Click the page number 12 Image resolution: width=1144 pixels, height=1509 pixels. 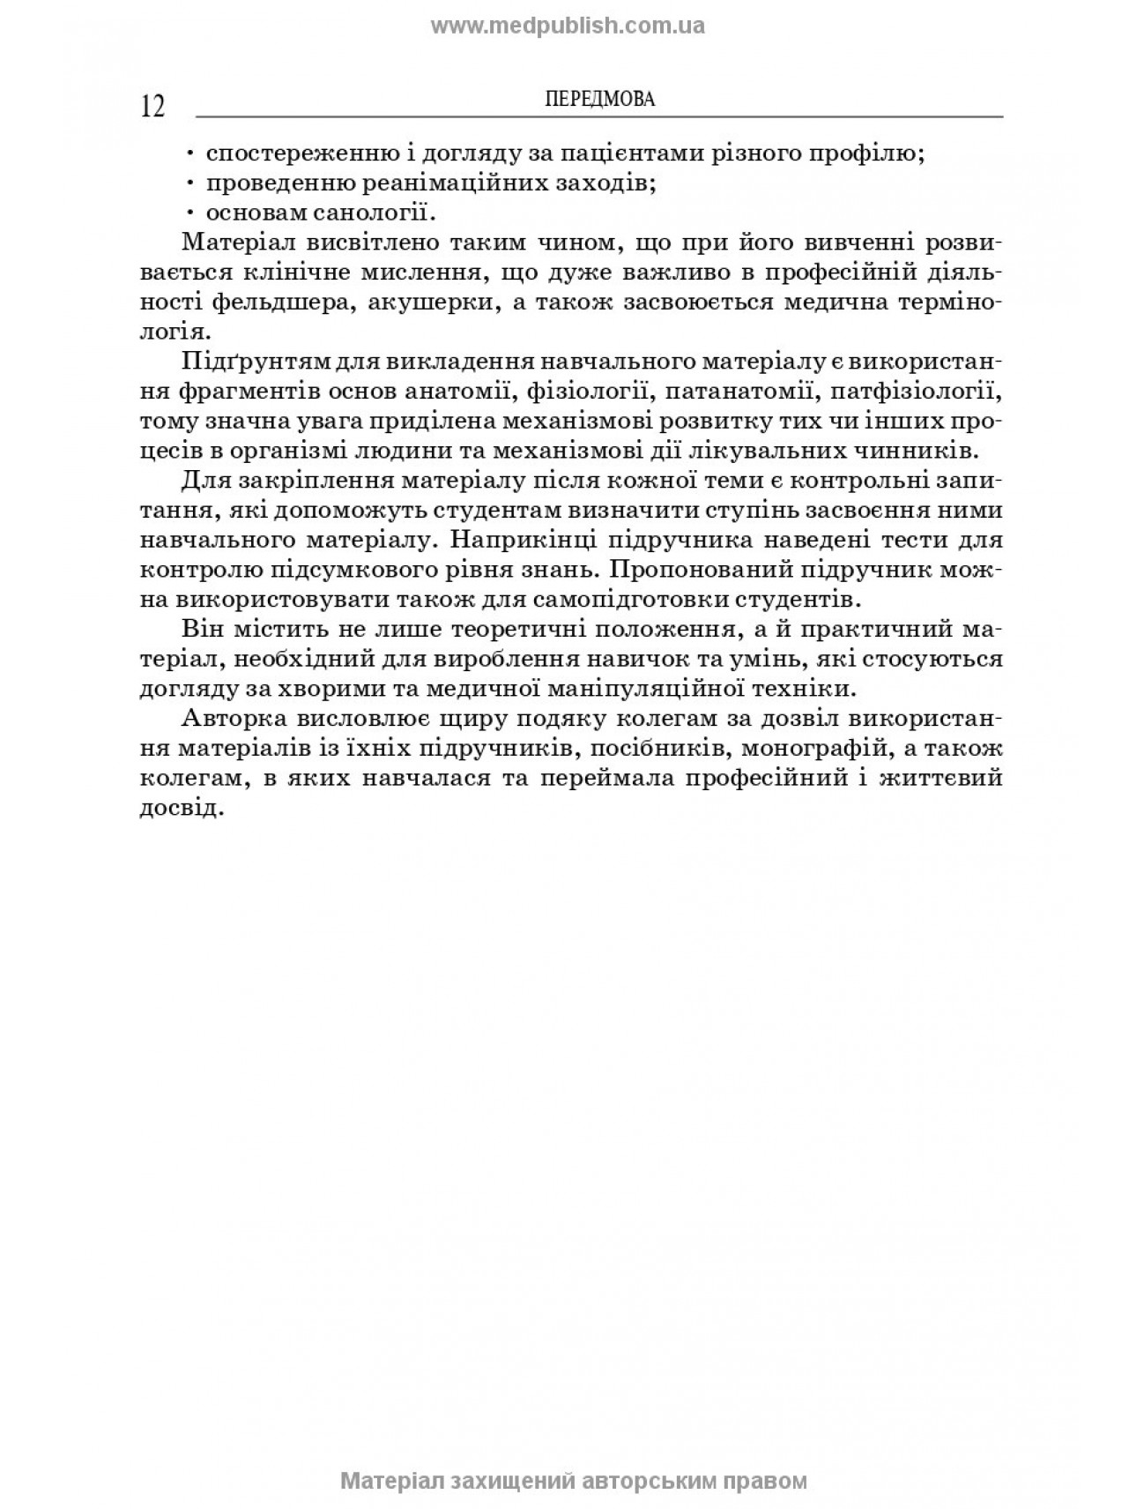[x=152, y=106]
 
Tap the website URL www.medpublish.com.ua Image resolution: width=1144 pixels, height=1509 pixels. [x=568, y=26]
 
